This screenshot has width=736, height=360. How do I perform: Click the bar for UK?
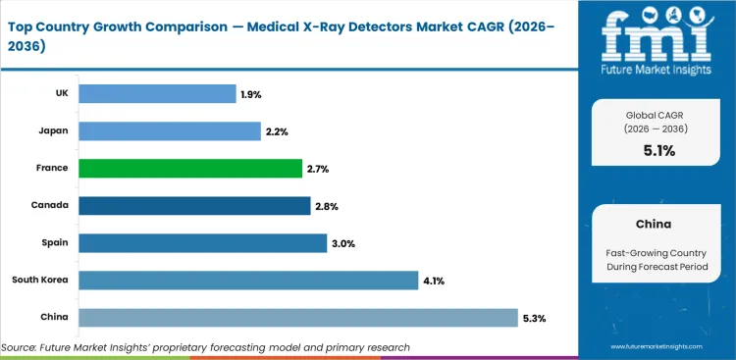(157, 93)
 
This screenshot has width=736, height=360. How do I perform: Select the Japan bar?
(169, 130)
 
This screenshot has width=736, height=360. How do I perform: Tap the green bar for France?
(189, 168)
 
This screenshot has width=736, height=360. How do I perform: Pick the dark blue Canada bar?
(194, 205)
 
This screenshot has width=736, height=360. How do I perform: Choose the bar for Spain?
(202, 242)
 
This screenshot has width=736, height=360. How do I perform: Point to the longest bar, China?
(297, 318)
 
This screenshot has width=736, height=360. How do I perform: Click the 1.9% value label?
(252, 93)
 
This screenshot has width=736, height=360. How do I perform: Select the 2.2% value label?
(277, 130)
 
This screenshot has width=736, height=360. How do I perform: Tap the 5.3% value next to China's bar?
(534, 318)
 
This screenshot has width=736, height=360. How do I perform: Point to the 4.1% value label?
(434, 281)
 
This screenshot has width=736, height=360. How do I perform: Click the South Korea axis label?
(40, 281)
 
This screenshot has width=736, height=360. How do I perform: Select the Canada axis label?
(51, 205)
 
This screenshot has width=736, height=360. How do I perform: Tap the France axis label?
(52, 168)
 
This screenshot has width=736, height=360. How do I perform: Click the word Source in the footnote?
(20, 347)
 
